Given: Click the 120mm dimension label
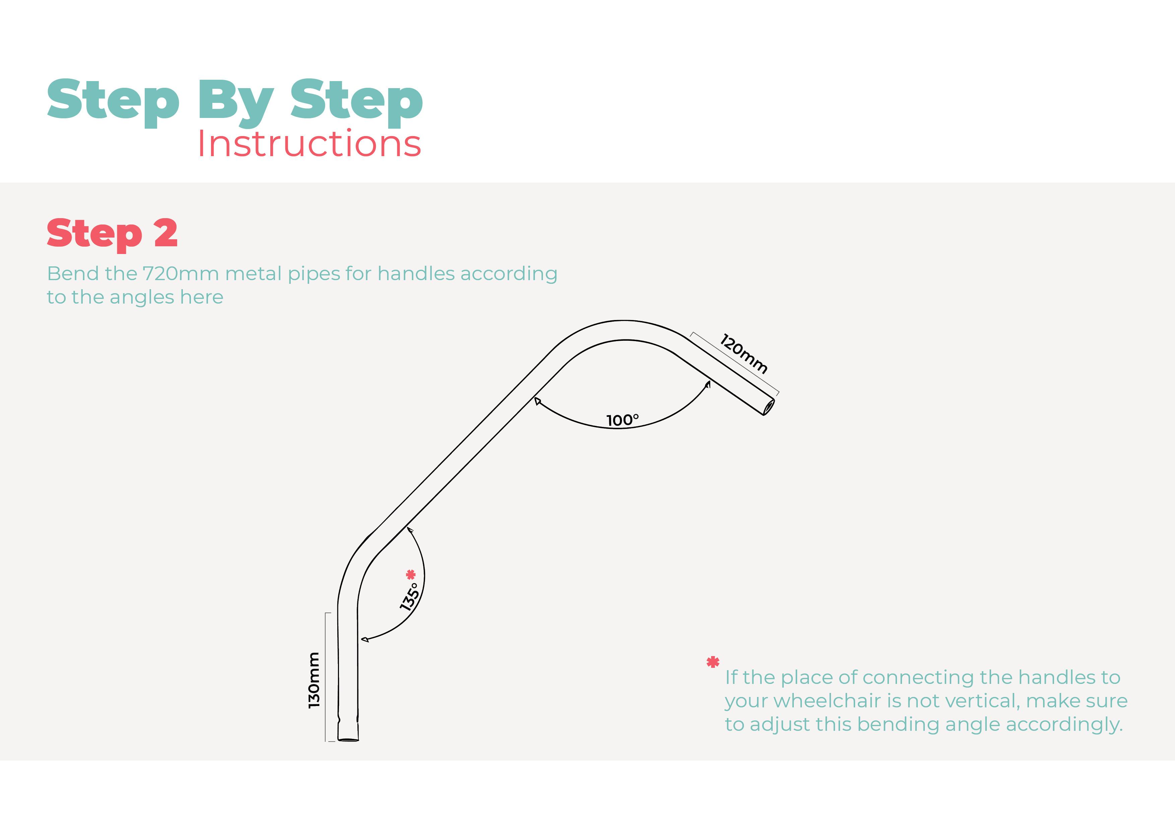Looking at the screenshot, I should click(x=744, y=354).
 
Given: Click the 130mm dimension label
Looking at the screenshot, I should click(x=314, y=681).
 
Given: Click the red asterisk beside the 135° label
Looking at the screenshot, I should click(x=410, y=574).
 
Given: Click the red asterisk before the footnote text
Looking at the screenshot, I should click(x=712, y=662).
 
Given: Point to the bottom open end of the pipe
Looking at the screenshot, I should click(x=348, y=739).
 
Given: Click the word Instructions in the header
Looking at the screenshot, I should click(x=309, y=143).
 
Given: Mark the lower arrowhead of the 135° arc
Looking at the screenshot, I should click(x=364, y=640).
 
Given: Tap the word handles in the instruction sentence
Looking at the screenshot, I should click(x=416, y=273).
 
